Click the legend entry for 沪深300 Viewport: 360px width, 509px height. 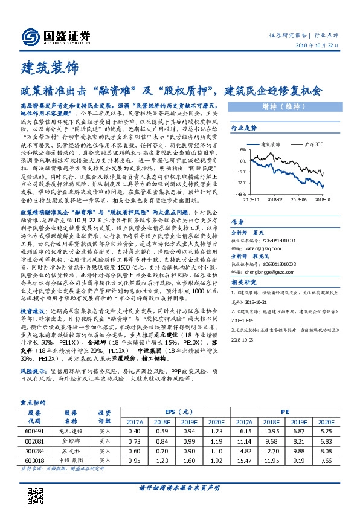tap(313, 144)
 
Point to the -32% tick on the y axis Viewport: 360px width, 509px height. tap(239, 182)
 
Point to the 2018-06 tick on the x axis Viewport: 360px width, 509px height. tap(297, 198)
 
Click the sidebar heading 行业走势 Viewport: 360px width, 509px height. tap(245, 128)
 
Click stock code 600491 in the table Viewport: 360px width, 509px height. tap(36, 430)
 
